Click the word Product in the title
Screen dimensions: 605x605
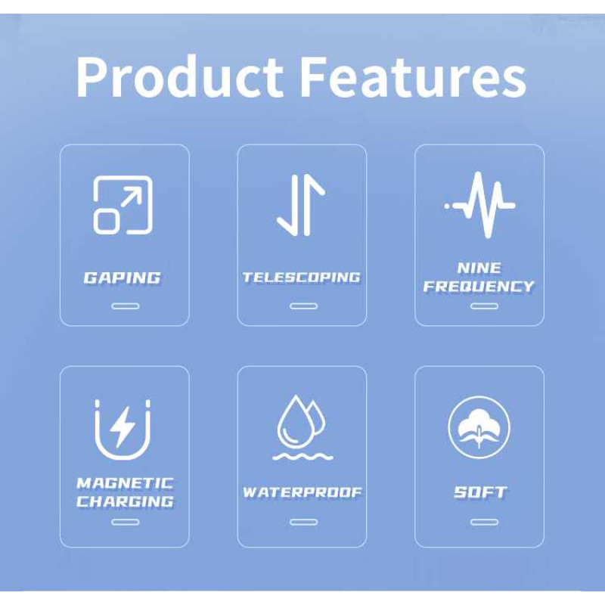tap(179, 76)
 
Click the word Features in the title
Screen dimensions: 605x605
tap(413, 76)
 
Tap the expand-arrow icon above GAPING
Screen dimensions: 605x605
tap(123, 205)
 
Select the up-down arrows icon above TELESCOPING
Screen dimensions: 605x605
tap(301, 205)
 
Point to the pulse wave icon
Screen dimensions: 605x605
tap(479, 205)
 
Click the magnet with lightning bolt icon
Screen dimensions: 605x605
tap(123, 430)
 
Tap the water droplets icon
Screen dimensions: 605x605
tap(302, 427)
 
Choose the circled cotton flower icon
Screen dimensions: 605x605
tap(479, 427)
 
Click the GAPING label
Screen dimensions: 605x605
tap(122, 278)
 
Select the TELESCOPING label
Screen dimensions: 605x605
tap(301, 278)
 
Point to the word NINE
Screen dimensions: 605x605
tap(479, 268)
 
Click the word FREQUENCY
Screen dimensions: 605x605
tap(479, 287)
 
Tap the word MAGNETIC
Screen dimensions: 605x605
tap(125, 483)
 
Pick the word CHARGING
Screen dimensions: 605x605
tap(125, 501)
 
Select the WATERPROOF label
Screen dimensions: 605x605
tap(302, 492)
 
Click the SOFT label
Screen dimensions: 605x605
tap(480, 492)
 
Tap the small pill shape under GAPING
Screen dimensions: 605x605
tap(125, 306)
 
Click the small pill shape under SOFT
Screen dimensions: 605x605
tap(484, 523)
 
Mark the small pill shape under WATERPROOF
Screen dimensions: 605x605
tap(304, 523)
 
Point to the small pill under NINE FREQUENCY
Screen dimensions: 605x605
tap(484, 306)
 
